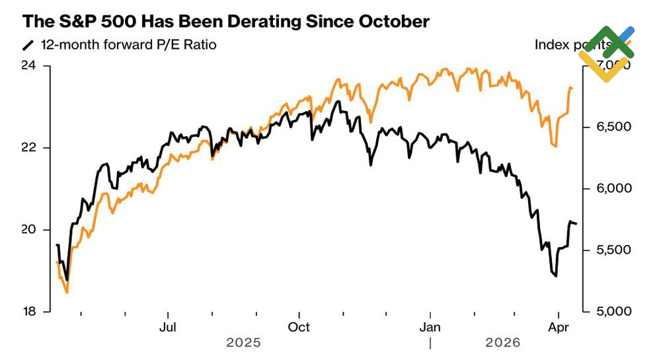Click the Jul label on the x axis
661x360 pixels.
pyautogui.click(x=169, y=327)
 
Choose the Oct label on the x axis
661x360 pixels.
pyautogui.click(x=299, y=327)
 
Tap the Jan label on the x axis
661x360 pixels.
pyautogui.click(x=430, y=327)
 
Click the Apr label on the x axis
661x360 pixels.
pyautogui.click(x=560, y=327)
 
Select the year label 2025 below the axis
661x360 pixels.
pyautogui.click(x=243, y=343)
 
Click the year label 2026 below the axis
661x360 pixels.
pyautogui.click(x=503, y=343)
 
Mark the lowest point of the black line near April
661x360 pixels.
pyautogui.click(x=555, y=276)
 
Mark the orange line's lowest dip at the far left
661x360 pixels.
pyautogui.click(x=67, y=292)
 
